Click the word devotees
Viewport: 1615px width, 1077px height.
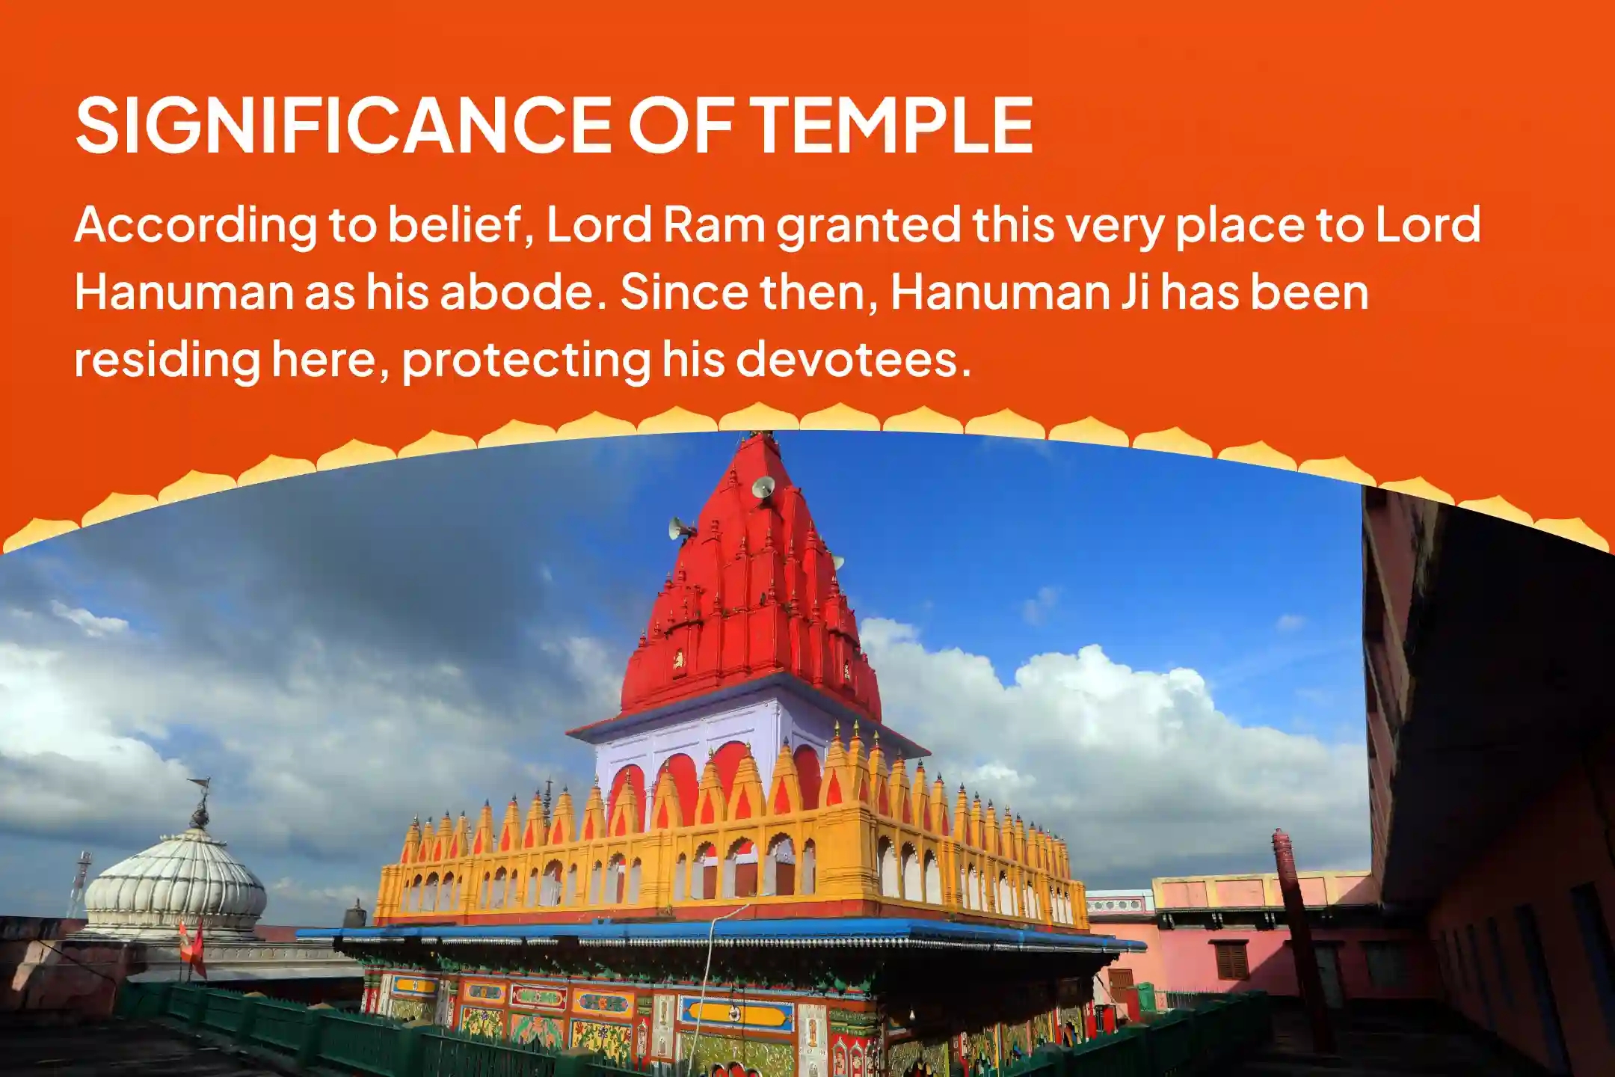852,358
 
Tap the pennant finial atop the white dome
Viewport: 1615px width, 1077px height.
200,800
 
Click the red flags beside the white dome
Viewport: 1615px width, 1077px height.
193,948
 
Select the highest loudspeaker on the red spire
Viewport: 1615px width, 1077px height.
763,488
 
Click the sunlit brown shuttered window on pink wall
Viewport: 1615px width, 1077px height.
1232,961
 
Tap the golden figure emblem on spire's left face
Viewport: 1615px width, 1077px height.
678,659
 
